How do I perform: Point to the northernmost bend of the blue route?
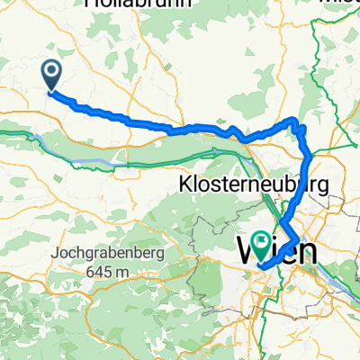[293, 120]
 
